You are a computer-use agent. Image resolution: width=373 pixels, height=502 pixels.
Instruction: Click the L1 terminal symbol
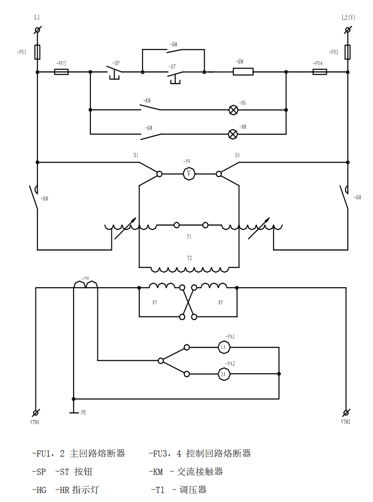(37, 30)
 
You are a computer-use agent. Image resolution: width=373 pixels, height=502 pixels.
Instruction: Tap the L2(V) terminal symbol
(348, 30)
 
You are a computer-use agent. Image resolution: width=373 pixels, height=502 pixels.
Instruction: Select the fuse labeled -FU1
(37, 52)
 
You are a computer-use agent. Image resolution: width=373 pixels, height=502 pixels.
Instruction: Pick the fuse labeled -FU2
(348, 52)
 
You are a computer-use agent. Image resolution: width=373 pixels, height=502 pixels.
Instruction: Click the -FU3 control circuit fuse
(62, 72)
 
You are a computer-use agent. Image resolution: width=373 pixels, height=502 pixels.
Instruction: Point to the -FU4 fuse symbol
(319, 72)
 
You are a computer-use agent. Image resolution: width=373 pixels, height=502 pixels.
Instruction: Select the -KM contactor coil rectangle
(243, 72)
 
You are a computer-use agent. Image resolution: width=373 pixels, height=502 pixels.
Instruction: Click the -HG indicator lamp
(233, 110)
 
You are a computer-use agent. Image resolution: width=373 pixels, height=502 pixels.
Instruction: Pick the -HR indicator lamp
(233, 134)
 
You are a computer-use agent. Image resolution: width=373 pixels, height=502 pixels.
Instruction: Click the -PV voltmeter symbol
(189, 174)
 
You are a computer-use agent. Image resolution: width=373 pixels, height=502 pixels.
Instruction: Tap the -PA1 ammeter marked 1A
(223, 347)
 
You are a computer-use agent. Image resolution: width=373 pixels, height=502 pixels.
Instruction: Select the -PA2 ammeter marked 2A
(223, 374)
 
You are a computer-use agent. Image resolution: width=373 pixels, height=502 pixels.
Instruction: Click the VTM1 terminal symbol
(36, 413)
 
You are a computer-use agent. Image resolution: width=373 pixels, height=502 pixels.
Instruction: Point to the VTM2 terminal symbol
(346, 413)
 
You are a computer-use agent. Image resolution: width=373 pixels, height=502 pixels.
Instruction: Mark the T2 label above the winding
(189, 258)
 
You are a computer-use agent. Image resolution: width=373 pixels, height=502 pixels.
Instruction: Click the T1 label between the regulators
(189, 237)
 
